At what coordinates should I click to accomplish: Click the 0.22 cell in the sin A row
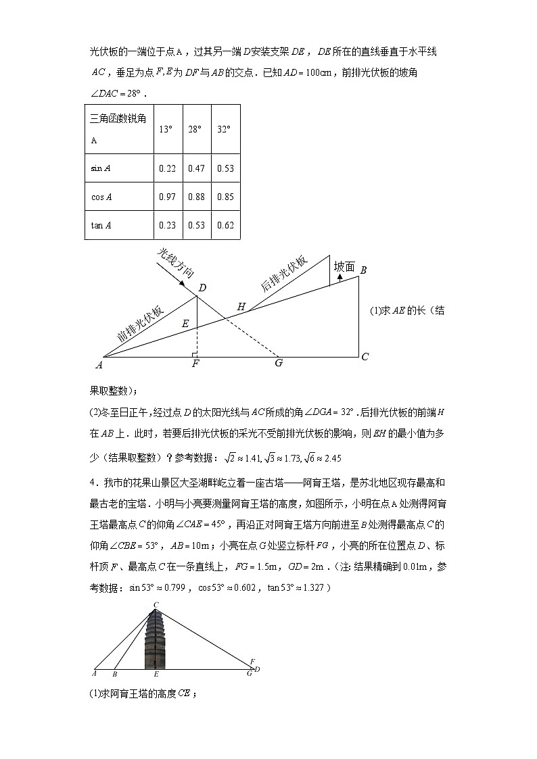click(x=167, y=168)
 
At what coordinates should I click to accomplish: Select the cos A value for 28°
click(x=195, y=197)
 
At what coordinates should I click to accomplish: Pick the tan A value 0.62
click(x=225, y=225)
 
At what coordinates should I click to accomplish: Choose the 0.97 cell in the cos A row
click(x=167, y=197)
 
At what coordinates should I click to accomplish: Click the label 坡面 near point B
click(x=344, y=267)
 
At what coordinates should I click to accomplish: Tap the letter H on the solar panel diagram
click(x=241, y=306)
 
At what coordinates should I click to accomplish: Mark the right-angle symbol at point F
click(x=195, y=353)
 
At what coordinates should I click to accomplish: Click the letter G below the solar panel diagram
click(x=278, y=363)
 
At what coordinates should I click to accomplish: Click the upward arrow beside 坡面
click(x=340, y=278)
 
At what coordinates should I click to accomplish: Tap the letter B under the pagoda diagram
click(x=115, y=674)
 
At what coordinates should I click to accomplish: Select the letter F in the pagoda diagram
click(x=252, y=662)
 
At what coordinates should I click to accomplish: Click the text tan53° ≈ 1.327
click(x=298, y=588)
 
